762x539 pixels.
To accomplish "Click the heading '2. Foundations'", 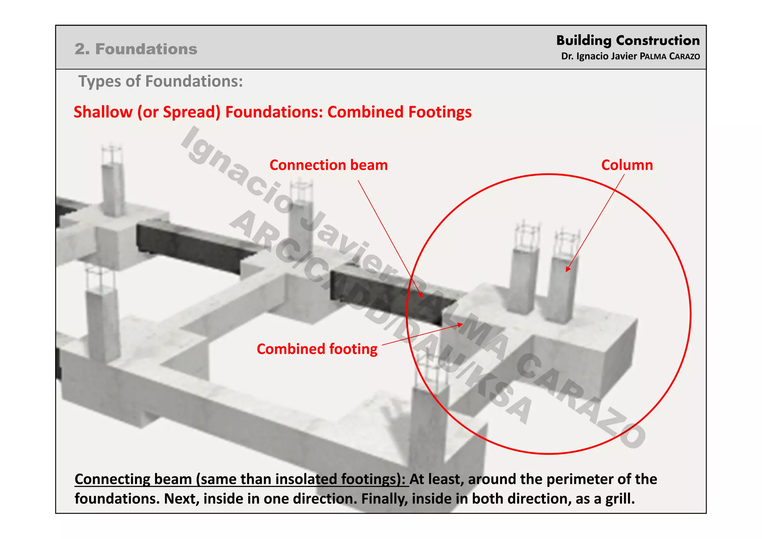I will (136, 49).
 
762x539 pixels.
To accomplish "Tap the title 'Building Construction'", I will (628, 40).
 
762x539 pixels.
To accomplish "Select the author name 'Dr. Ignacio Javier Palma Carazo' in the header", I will (630, 56).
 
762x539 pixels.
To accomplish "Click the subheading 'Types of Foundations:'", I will (160, 81).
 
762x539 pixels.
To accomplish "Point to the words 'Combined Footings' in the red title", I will (399, 112).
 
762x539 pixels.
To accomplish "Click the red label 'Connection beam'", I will (328, 165).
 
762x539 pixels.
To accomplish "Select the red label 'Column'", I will (627, 165).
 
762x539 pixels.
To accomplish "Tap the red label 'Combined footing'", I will (317, 349).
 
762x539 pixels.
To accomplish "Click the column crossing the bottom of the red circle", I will (428, 421).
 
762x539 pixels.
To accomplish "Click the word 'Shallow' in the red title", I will (103, 112).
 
